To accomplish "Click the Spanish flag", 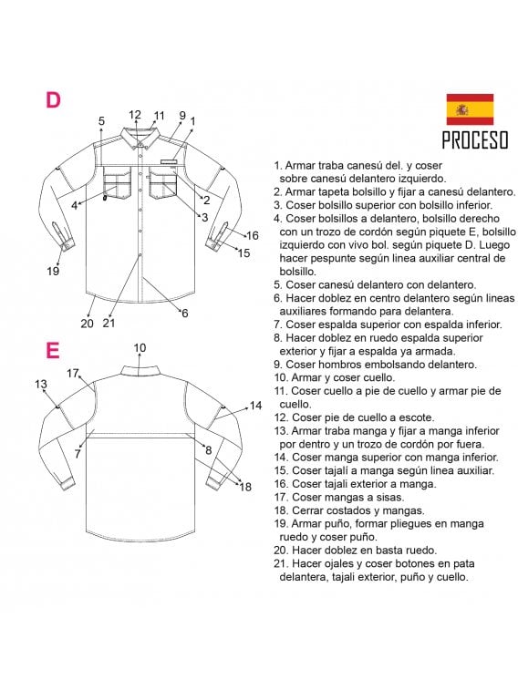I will [470, 108].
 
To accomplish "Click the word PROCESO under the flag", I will [474, 141].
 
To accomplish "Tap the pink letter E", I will [53, 350].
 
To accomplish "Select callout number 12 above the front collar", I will [135, 115].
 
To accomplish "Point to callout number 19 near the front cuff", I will [53, 271].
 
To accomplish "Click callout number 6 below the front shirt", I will [184, 313].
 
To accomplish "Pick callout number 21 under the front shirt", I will [109, 322].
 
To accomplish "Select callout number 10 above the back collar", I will [140, 347].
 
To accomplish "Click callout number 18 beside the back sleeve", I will [244, 487].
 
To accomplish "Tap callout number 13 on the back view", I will [41, 385].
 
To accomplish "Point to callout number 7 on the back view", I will [78, 452].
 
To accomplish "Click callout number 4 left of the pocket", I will [75, 205].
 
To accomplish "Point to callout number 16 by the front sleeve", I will [253, 235].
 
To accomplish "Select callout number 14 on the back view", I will [255, 405].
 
